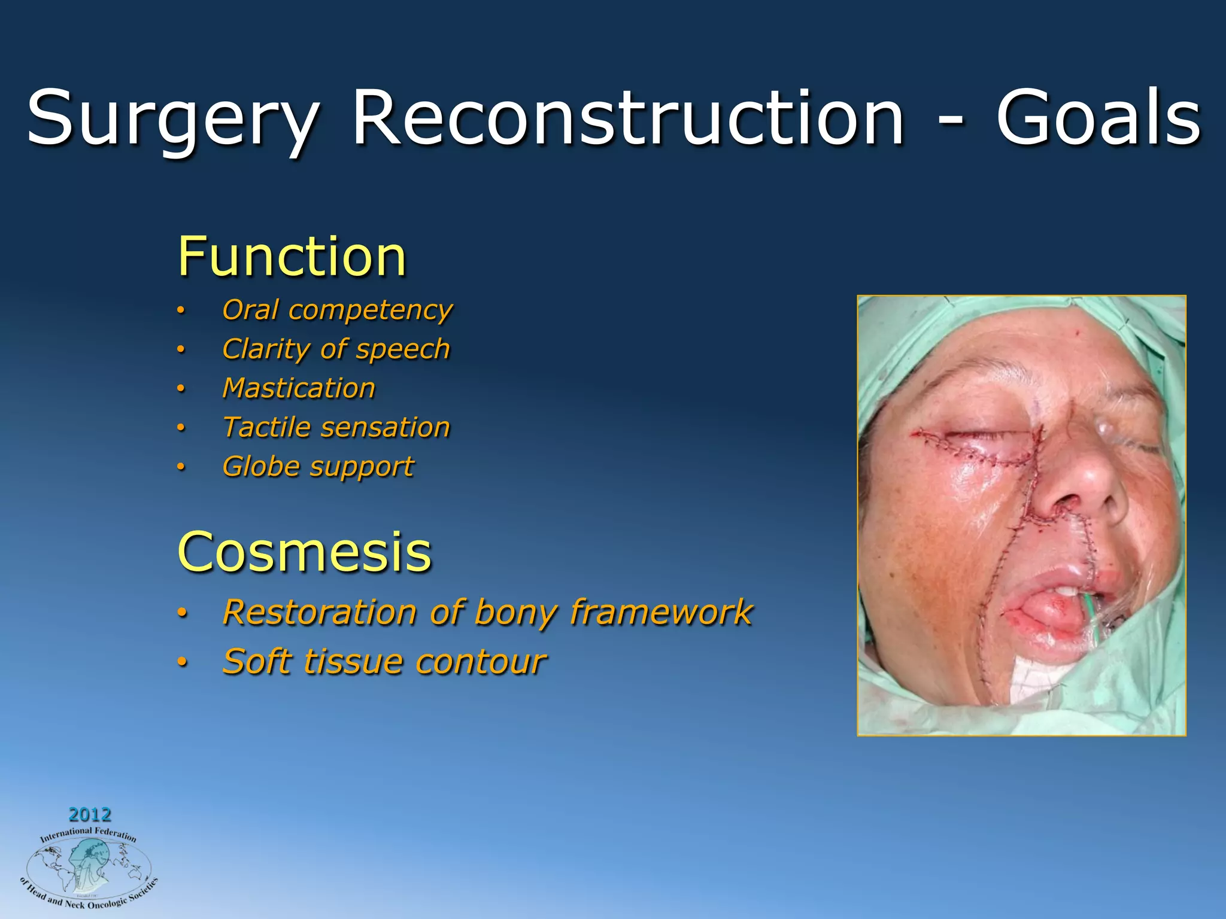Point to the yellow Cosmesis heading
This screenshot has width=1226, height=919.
click(x=304, y=551)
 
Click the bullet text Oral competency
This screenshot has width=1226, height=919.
click(x=337, y=310)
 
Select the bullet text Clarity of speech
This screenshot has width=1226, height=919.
click(x=336, y=349)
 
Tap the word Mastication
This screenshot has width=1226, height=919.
click(x=299, y=388)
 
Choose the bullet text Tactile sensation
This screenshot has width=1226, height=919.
click(x=336, y=427)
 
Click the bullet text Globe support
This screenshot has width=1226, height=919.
click(x=318, y=467)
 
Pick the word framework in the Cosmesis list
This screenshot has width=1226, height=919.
click(x=661, y=612)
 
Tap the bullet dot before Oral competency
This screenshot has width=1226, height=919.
click(x=181, y=311)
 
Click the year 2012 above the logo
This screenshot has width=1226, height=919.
click(x=90, y=814)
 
